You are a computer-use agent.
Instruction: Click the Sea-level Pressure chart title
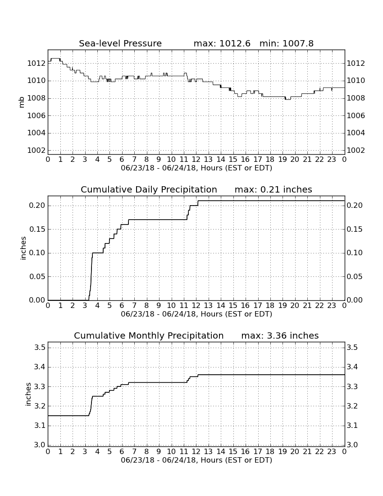click(120, 43)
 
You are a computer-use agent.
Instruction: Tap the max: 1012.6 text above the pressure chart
click(222, 43)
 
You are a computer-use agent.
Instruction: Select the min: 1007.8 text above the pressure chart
click(286, 43)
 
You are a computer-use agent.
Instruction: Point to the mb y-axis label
click(22, 102)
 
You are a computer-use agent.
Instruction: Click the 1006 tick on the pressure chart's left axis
click(36, 115)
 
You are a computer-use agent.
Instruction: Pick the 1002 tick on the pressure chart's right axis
click(356, 150)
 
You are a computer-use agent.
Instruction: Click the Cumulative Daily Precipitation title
click(149, 189)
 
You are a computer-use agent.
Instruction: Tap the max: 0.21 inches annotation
click(274, 189)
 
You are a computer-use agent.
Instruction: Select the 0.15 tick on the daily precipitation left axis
click(37, 230)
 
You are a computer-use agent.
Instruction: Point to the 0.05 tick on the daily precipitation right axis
click(355, 276)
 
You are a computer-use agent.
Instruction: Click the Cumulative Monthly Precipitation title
click(149, 335)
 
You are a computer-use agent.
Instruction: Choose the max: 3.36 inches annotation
click(280, 335)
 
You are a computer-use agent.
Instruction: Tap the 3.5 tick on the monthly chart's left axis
click(41, 348)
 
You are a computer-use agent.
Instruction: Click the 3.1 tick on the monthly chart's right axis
click(352, 426)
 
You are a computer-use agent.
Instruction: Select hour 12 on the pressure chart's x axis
click(196, 160)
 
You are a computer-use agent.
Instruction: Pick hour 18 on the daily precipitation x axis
click(270, 306)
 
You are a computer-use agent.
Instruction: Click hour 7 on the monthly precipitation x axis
click(134, 451)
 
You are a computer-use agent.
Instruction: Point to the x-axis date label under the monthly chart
click(196, 460)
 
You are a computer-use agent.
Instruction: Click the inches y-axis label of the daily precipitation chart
click(23, 248)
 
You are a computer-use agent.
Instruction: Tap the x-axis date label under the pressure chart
click(196, 168)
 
